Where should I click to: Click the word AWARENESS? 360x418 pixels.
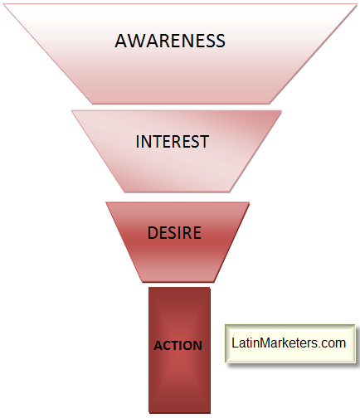(170, 41)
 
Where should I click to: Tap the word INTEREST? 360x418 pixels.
(173, 142)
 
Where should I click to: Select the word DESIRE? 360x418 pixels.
(174, 232)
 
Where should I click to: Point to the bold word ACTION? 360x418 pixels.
(178, 346)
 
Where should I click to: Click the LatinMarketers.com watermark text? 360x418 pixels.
(289, 343)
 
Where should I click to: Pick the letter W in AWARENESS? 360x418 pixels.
(138, 41)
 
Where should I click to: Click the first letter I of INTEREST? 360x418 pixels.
(138, 142)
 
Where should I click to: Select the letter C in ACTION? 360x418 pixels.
(169, 346)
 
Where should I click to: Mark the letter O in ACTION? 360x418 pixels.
(188, 346)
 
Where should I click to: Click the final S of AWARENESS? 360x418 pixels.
(221, 41)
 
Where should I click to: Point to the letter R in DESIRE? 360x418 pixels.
(184, 232)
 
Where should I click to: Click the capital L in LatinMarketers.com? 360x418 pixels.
(235, 343)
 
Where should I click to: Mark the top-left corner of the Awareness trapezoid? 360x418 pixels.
(4, 5)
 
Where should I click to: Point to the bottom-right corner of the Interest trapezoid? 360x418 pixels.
(230, 192)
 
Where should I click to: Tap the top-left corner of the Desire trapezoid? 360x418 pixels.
(106, 203)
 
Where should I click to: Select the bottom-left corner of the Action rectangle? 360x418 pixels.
(148, 413)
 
